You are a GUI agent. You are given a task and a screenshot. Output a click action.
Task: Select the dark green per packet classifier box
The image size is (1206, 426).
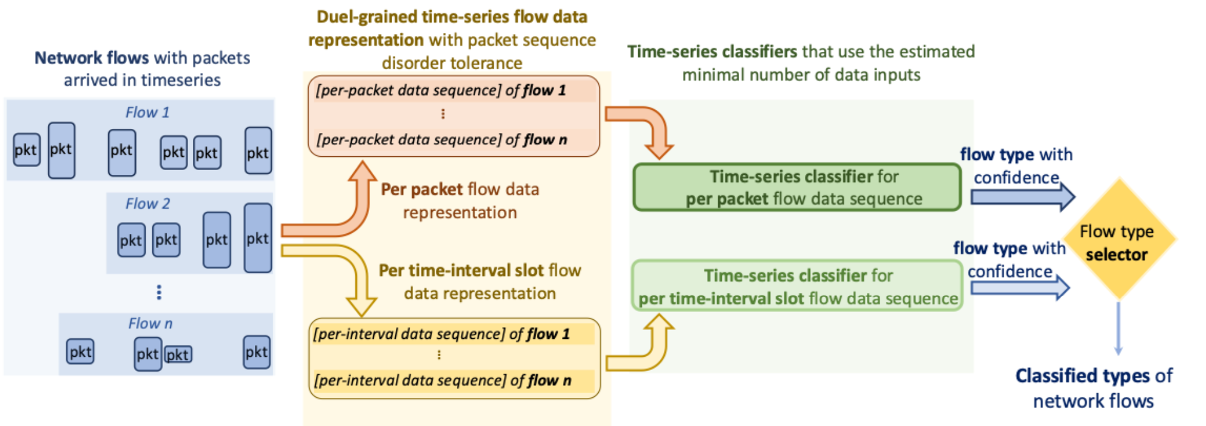click(x=797, y=187)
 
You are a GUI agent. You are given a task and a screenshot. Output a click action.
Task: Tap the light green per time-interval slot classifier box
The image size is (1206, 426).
click(x=797, y=286)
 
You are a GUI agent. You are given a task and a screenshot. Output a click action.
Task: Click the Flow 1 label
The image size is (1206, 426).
click(x=147, y=112)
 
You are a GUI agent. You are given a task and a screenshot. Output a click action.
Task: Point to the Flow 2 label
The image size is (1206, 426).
click(x=147, y=203)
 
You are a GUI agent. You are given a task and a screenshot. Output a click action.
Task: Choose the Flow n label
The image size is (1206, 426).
click(x=150, y=323)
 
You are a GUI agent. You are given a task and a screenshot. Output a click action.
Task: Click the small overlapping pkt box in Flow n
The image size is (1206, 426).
click(x=178, y=354)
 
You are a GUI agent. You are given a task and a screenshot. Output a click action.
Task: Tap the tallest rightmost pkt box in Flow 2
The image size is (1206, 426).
click(x=258, y=238)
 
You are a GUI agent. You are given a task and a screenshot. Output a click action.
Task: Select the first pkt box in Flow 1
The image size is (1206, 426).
click(x=26, y=150)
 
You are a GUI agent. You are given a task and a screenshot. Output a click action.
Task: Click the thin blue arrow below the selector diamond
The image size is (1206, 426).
click(x=1118, y=329)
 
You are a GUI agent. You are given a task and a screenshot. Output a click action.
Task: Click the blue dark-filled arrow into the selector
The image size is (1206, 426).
click(x=1023, y=197)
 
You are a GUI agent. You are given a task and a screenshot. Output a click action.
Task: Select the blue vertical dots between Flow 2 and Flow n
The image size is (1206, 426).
click(x=159, y=292)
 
